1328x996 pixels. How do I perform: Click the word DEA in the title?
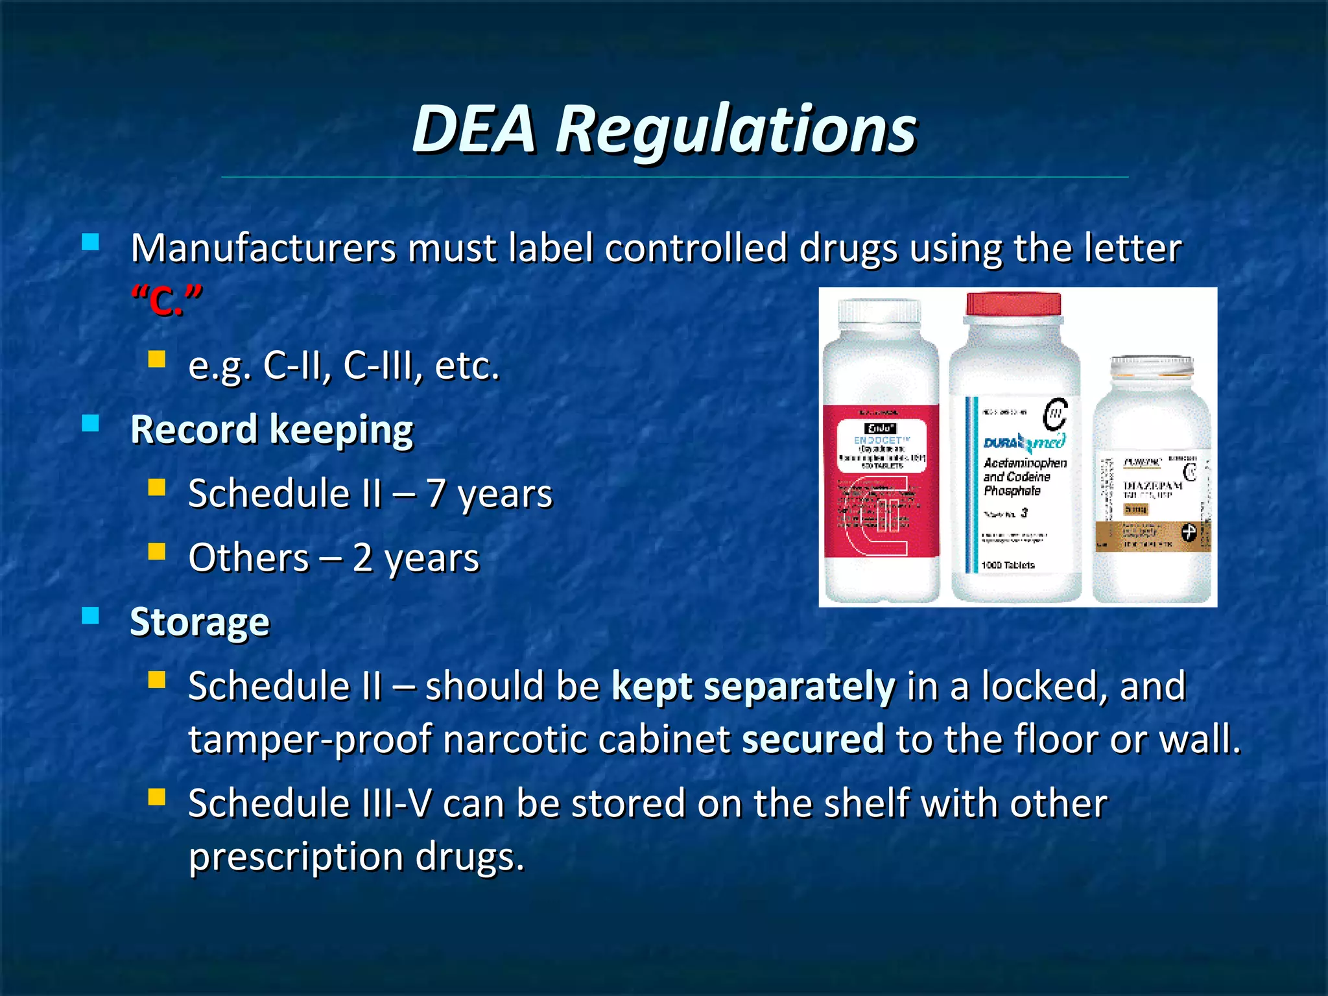click(x=475, y=130)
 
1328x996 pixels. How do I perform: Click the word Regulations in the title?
click(x=736, y=131)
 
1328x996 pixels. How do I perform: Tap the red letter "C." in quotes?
click(x=167, y=302)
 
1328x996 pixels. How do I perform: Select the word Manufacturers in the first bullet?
click(x=263, y=248)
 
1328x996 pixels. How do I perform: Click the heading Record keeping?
click(x=272, y=430)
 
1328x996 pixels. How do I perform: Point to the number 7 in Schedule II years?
click(x=436, y=494)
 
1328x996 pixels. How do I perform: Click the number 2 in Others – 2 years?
click(x=362, y=558)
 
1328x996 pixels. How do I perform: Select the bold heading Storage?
click(x=200, y=622)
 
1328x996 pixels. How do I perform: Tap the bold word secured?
click(x=813, y=739)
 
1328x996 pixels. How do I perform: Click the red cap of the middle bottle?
click(x=1014, y=303)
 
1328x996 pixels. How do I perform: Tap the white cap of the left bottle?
click(x=879, y=311)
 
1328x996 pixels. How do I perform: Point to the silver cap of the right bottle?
click(x=1152, y=366)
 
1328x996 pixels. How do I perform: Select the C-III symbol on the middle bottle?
click(x=1055, y=414)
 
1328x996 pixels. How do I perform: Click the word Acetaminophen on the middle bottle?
click(x=1025, y=463)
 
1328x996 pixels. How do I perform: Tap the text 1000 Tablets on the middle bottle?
click(x=1008, y=565)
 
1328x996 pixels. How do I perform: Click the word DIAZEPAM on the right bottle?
click(x=1152, y=486)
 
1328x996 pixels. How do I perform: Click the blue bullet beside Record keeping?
click(x=91, y=424)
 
